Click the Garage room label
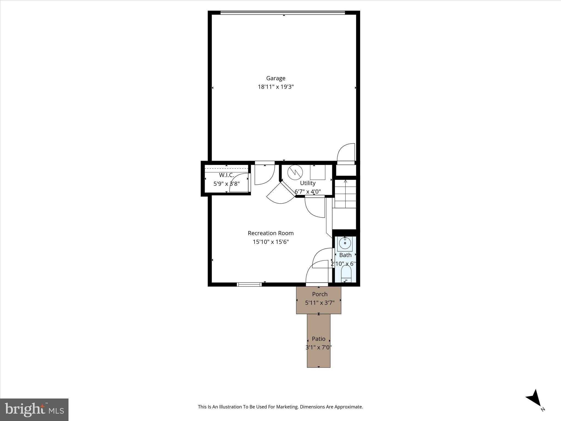(x=276, y=78)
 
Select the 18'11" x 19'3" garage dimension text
(x=276, y=87)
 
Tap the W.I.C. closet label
(x=227, y=175)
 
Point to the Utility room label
(x=308, y=183)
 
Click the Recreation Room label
(x=271, y=233)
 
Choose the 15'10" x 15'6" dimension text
(x=271, y=242)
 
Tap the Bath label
(x=345, y=255)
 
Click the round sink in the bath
(x=345, y=243)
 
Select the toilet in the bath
(x=346, y=274)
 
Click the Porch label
(x=320, y=294)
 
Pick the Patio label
(x=319, y=339)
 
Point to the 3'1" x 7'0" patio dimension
(x=319, y=348)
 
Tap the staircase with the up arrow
(x=345, y=194)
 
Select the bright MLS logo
(x=34, y=410)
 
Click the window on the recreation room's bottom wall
(x=249, y=285)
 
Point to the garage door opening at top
(x=283, y=12)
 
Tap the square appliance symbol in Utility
(x=317, y=172)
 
